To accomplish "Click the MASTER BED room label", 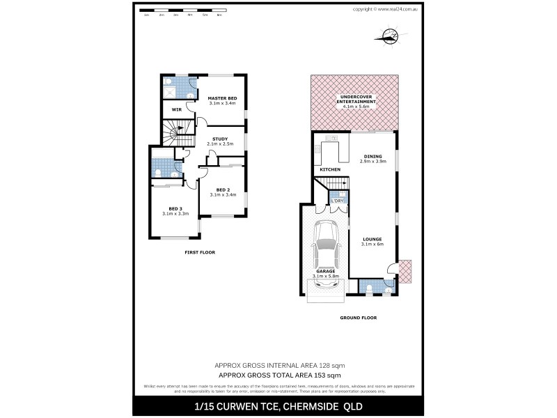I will click(222, 98).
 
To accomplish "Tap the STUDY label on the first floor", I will click(220, 139).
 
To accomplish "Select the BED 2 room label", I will click(223, 189).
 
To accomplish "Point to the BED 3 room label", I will click(175, 208).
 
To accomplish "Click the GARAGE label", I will click(325, 272).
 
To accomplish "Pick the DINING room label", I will click(372, 156).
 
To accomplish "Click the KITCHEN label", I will click(330, 170).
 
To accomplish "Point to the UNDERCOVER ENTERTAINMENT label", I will click(355, 98).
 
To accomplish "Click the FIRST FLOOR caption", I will click(199, 251).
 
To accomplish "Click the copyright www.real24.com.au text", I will click(385, 9).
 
